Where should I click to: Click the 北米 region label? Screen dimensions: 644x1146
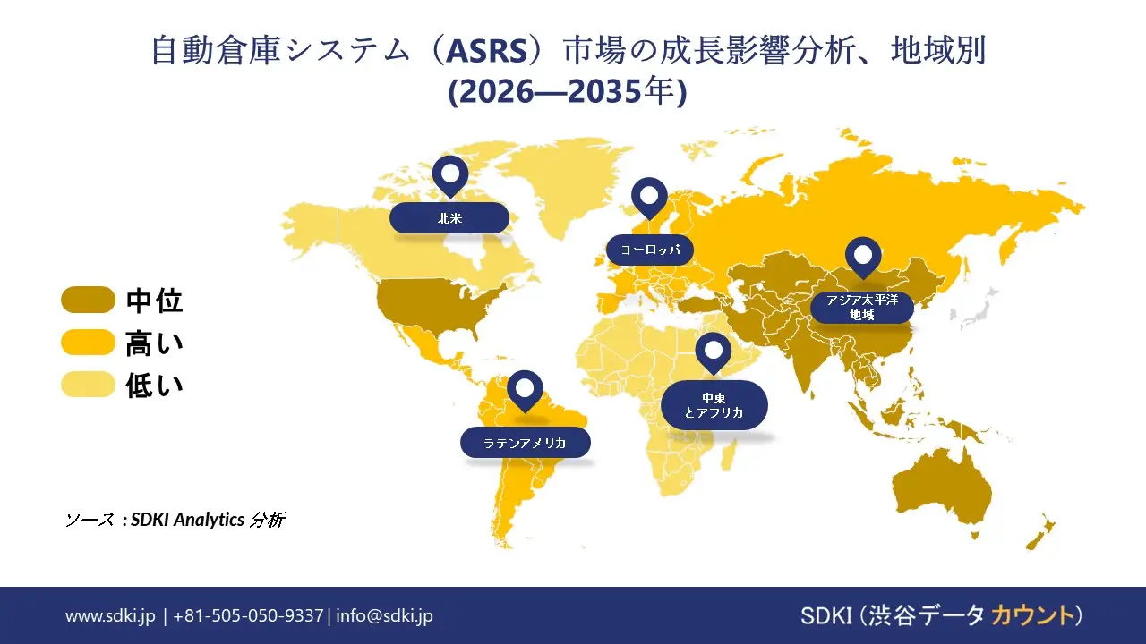click(449, 217)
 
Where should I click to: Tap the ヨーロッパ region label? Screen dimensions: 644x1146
click(650, 250)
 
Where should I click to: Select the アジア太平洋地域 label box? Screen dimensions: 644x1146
click(862, 307)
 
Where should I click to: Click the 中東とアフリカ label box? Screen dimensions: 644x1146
click(714, 404)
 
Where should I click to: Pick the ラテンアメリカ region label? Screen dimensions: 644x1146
click(526, 442)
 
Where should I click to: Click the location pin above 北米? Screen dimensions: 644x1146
click(449, 174)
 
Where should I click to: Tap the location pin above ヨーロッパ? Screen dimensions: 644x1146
click(649, 196)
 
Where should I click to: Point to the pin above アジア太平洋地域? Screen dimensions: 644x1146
click(863, 256)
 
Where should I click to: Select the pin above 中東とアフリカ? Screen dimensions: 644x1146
click(714, 352)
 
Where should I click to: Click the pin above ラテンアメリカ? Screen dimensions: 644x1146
click(525, 389)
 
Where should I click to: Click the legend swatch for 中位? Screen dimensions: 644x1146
click(88, 301)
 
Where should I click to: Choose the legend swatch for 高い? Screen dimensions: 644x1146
click(88, 343)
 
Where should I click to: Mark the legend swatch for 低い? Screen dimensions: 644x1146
click(88, 385)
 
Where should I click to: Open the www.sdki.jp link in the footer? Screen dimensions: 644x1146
click(110, 615)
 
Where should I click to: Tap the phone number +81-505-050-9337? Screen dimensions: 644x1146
click(248, 615)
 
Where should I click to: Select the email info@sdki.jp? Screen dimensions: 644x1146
click(385, 615)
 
